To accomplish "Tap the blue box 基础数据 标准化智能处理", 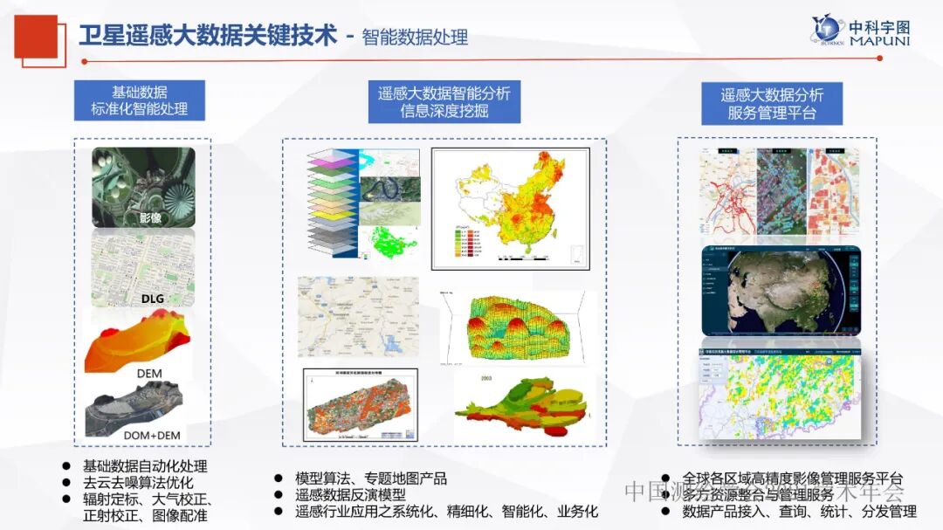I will [x=139, y=101].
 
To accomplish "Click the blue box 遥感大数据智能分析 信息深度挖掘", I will [x=444, y=102].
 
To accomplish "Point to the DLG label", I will [x=152, y=299].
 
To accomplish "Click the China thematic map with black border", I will [x=511, y=208].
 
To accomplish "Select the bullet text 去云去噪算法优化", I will [x=138, y=483].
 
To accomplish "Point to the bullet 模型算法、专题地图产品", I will [x=371, y=478].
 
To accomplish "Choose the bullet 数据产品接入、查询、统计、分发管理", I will [x=799, y=512].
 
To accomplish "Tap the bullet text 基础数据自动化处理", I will [x=145, y=467].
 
